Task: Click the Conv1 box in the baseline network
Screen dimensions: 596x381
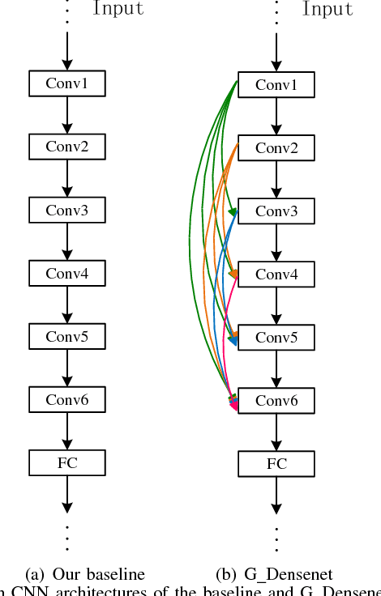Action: (67, 83)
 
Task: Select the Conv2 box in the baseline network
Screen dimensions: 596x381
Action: (67, 147)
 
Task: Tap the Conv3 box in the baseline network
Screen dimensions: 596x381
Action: (67, 210)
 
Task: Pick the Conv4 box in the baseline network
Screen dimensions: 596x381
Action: (67, 273)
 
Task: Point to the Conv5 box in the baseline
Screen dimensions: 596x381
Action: (67, 336)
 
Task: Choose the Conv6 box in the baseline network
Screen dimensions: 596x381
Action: (67, 399)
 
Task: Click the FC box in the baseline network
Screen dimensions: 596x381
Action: (67, 462)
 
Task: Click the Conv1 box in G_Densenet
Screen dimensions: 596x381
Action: (277, 84)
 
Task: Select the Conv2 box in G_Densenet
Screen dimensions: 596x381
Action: (277, 147)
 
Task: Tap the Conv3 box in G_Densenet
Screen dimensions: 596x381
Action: (277, 211)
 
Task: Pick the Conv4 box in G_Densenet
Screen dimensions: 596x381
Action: (277, 274)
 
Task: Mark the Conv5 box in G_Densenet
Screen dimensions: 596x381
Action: (277, 337)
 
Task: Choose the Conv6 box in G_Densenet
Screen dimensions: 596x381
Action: (277, 400)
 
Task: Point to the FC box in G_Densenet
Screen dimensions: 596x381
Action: (277, 463)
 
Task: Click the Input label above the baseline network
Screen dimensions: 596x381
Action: (118, 10)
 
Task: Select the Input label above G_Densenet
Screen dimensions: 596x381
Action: (327, 10)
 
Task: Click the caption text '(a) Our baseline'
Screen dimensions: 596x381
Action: (85, 574)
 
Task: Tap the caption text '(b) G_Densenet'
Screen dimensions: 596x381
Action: (274, 574)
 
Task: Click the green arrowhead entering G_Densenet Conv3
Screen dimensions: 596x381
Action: (233, 212)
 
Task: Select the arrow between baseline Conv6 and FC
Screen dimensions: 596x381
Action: (67, 430)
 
